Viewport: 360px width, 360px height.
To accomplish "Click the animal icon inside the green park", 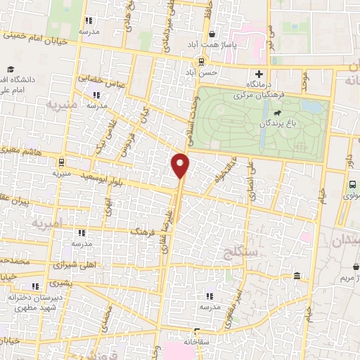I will click(279, 112).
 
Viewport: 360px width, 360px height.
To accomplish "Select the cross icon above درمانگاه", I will click(259, 73).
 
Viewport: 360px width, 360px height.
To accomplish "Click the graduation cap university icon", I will click(11, 69).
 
